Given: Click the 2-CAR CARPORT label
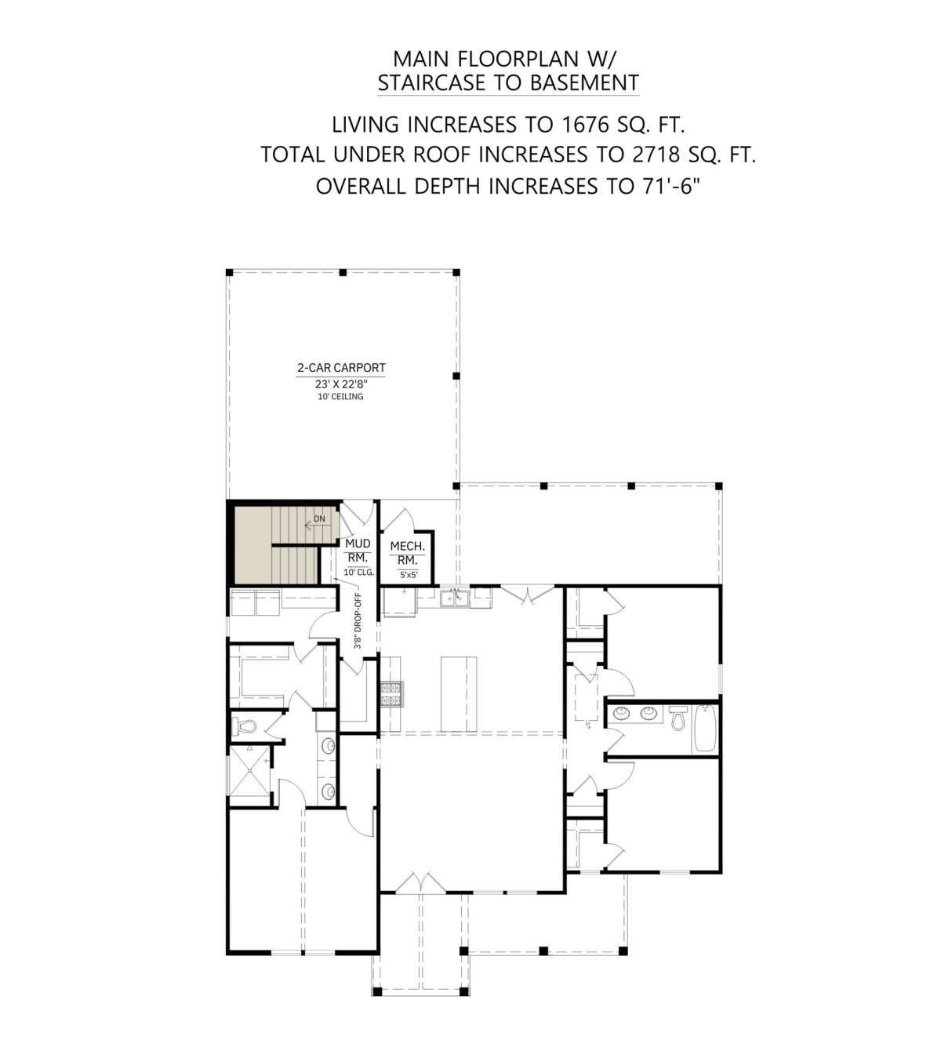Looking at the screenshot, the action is click(x=341, y=368).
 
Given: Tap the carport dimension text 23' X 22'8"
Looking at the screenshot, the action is click(x=341, y=384).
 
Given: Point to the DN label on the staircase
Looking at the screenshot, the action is click(x=319, y=518).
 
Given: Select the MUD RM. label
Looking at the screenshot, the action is click(x=358, y=551).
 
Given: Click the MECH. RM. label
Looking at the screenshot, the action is click(x=408, y=553).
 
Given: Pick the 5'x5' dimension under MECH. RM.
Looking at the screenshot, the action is click(x=409, y=574).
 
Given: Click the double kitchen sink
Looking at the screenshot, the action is click(x=455, y=598).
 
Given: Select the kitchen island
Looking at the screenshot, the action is click(x=459, y=694).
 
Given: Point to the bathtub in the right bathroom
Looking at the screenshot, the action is click(x=705, y=727).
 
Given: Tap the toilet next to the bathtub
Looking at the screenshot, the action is click(x=676, y=717).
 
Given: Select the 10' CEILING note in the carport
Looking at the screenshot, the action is click(x=340, y=397).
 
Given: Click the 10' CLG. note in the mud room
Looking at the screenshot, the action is click(x=359, y=573).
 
